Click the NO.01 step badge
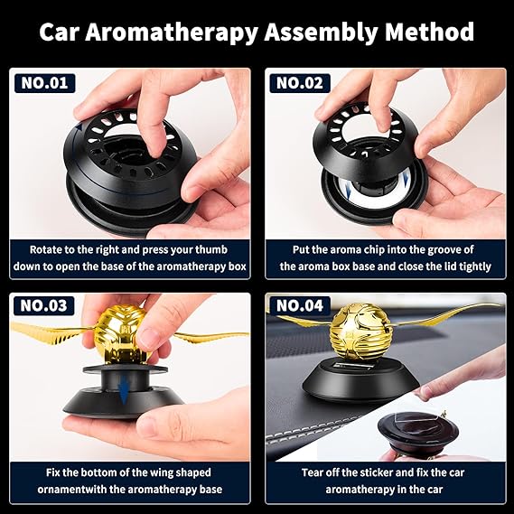(45, 83)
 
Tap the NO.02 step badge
(300, 83)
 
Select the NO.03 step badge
(44, 306)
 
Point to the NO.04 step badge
(300, 306)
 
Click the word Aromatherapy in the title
(172, 33)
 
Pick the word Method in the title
(429, 32)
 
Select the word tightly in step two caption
(474, 266)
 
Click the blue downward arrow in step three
(124, 389)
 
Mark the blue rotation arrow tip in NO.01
(79, 125)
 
